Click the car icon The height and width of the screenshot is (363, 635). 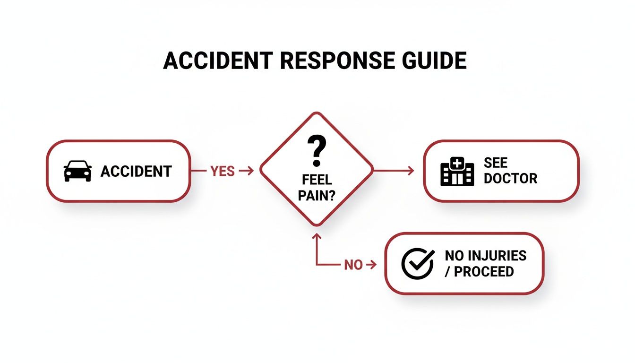[x=77, y=171]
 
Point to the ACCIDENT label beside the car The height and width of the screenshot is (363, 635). [x=136, y=171]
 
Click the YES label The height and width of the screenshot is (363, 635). [x=223, y=171]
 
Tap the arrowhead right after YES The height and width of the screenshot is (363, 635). [x=249, y=171]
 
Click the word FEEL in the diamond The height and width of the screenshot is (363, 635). [x=317, y=181]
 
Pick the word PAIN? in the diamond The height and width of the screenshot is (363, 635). [x=317, y=195]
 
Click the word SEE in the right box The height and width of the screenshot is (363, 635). [x=495, y=163]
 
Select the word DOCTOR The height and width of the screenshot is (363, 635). [x=510, y=179]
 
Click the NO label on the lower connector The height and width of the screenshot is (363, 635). [x=353, y=265]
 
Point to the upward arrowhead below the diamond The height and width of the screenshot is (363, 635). [x=317, y=235]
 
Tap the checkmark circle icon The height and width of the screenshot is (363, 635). [x=418, y=264]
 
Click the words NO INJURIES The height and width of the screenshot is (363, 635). [x=485, y=256]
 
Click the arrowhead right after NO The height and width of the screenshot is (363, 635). [x=373, y=265]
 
